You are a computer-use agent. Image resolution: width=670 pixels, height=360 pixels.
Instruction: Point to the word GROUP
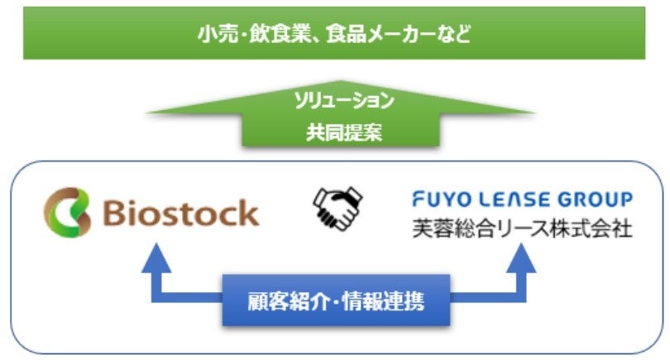(x=597, y=199)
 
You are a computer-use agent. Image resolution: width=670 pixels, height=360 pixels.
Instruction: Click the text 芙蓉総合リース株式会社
(x=522, y=228)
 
